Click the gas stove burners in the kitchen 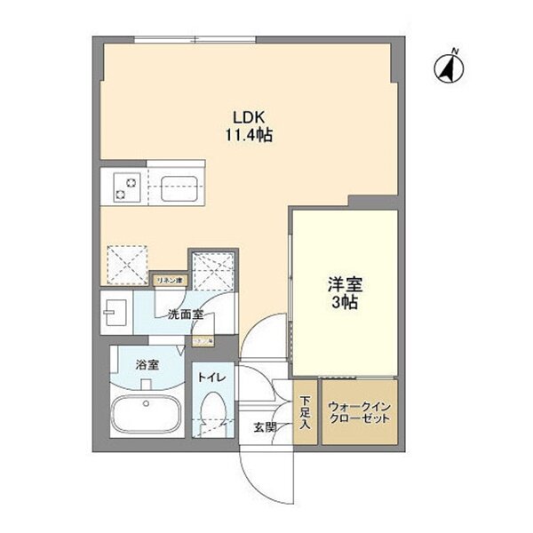coord(123,188)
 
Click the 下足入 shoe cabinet coord(305,412)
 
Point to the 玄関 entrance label coord(265,427)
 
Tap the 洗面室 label coord(185,314)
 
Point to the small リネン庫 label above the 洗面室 coord(169,281)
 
